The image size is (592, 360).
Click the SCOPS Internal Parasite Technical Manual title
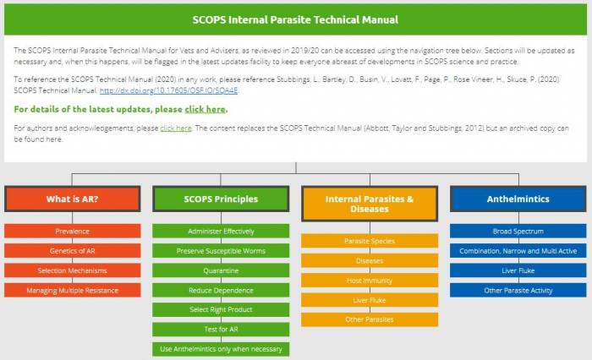tap(295, 19)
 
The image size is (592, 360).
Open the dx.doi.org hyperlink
tap(168, 90)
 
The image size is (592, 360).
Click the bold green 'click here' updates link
tap(205, 109)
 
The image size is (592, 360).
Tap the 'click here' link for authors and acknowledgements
tap(176, 128)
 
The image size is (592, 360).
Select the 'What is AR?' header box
tap(73, 199)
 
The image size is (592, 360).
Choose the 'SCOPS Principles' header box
tap(221, 199)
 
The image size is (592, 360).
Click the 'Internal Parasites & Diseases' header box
tap(370, 204)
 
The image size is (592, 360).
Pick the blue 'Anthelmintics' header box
tap(518, 199)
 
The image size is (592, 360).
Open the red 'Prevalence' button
tap(73, 231)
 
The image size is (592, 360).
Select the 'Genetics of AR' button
tap(73, 251)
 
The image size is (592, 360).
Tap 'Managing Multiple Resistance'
tap(73, 290)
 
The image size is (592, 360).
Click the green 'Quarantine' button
tap(221, 270)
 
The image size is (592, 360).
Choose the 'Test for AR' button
tap(221, 329)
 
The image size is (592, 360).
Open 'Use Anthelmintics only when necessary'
tap(221, 349)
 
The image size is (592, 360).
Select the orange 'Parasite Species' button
tap(370, 241)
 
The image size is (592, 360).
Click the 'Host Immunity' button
tap(370, 281)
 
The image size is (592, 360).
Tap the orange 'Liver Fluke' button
tap(370, 300)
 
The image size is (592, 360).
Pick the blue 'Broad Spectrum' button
tap(518, 231)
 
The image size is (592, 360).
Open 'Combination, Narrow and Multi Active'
tap(518, 251)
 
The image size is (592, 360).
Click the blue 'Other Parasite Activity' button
tap(518, 290)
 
